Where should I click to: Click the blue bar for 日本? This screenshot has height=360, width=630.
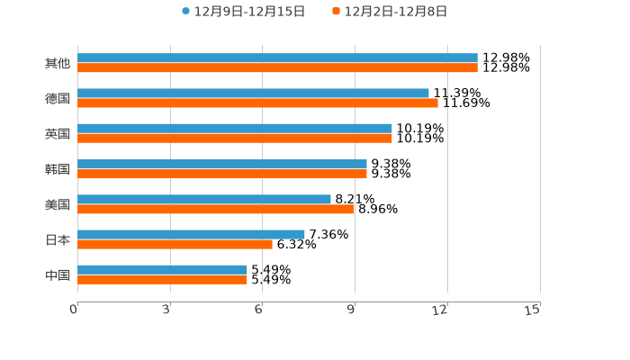[191, 234]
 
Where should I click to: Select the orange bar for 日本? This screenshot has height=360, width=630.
[175, 244]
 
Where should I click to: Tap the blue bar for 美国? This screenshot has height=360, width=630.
[204, 199]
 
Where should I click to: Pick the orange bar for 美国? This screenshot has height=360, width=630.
[216, 209]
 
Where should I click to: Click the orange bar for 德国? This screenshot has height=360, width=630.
[257, 103]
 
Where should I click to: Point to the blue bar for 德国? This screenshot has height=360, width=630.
[253, 93]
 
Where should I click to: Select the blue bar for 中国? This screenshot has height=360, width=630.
[162, 269]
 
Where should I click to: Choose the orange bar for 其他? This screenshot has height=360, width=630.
[277, 67]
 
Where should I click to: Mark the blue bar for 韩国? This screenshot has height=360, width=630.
[222, 164]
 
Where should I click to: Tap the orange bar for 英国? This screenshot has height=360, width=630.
[235, 138]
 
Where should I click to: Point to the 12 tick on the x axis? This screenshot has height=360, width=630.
[440, 310]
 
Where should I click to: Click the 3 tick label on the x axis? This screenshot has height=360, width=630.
[166, 310]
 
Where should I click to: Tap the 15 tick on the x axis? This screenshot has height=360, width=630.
[533, 310]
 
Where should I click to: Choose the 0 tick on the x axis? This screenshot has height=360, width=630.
[74, 310]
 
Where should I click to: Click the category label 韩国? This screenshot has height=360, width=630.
[58, 169]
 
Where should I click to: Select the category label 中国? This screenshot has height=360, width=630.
[58, 274]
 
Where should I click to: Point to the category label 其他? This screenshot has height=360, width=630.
[58, 63]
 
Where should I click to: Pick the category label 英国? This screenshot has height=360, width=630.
[58, 133]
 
